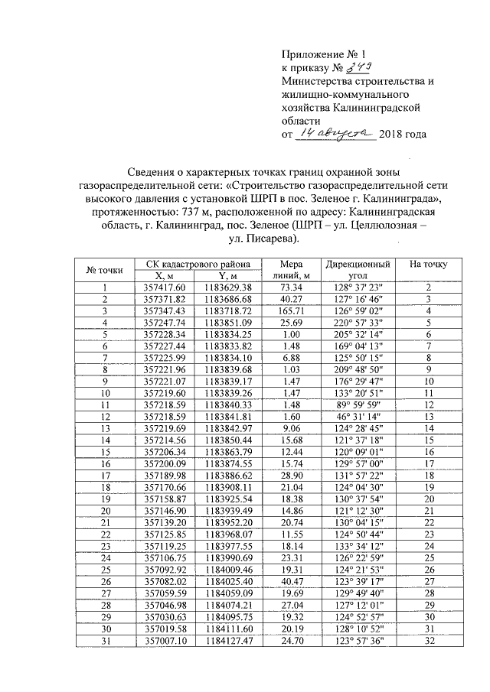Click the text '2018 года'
tap(403, 135)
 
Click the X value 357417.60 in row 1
tap(160, 287)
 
